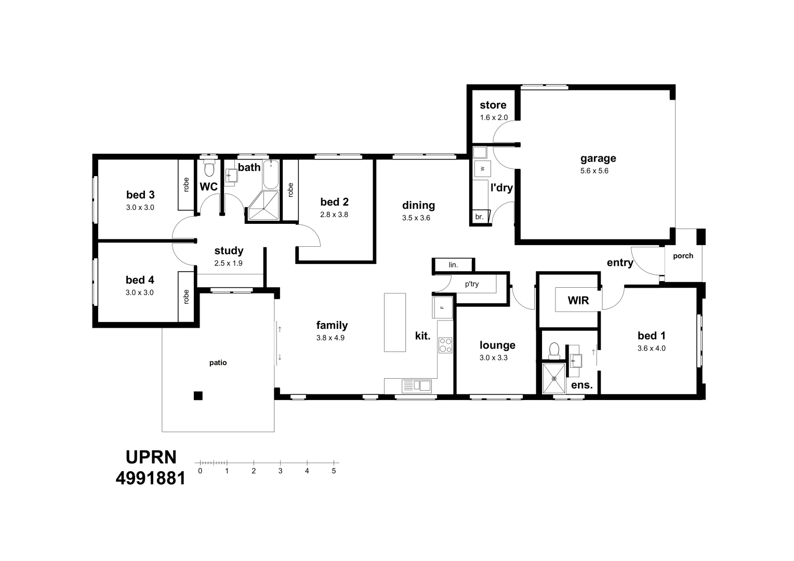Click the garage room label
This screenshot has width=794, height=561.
tap(598, 158)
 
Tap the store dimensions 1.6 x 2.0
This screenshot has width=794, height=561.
tap(494, 118)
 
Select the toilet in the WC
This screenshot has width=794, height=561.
tap(209, 168)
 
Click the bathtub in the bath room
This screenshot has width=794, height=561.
tap(271, 175)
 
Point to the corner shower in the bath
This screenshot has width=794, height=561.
tap(264, 206)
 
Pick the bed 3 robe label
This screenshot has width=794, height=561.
tap(186, 184)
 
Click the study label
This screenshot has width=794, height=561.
tap(229, 250)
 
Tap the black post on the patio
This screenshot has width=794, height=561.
tap(198, 395)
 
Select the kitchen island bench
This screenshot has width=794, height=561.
tap(395, 322)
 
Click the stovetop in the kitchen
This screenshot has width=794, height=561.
tap(445, 345)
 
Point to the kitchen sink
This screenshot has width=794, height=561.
tap(417, 385)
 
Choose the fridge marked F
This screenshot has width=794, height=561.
tap(442, 308)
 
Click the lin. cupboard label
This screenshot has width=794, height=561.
tap(453, 265)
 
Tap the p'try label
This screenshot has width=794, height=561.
tap(472, 284)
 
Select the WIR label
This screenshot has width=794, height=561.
tap(578, 300)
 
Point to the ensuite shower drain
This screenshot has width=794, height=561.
tap(554, 379)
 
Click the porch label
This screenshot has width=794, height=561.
tap(683, 256)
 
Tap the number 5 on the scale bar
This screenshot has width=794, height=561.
tap(334, 471)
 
